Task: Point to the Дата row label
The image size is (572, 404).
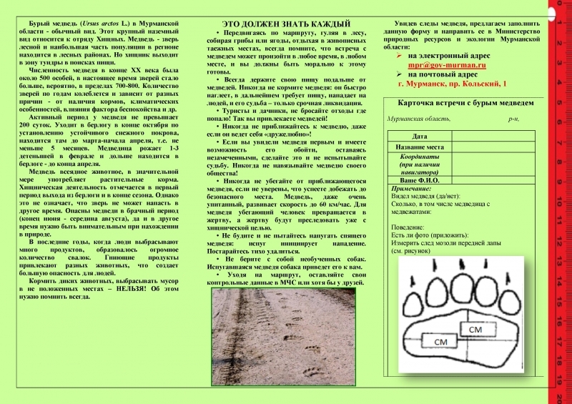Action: [421, 136]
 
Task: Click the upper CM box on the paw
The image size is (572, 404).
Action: [475, 328]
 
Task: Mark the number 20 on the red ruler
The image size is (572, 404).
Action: [560, 398]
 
